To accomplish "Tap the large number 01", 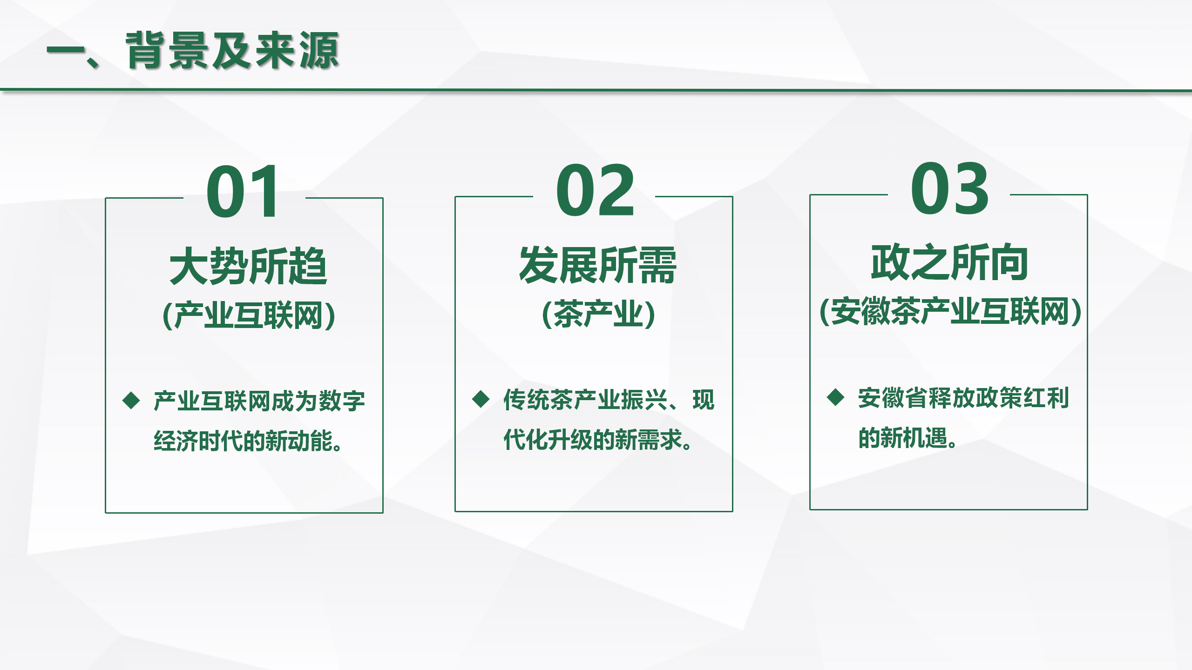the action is click(x=243, y=191).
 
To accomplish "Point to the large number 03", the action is click(x=950, y=188).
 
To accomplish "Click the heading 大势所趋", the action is click(x=249, y=266).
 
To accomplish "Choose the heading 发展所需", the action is click(x=598, y=265).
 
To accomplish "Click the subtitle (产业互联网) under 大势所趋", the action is click(x=249, y=315).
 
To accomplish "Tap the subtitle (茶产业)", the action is click(x=599, y=314).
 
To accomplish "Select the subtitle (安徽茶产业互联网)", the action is click(x=950, y=311).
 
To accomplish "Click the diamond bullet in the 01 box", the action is click(x=131, y=401).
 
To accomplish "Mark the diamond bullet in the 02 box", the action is click(x=481, y=399).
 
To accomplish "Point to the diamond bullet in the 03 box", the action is click(x=836, y=397).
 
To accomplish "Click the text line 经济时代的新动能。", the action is click(x=248, y=441).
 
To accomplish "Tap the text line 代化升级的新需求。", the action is click(x=598, y=439).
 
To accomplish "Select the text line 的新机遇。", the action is click(x=908, y=437).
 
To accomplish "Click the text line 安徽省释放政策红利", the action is click(x=963, y=398).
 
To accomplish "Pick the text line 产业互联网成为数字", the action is click(x=259, y=401).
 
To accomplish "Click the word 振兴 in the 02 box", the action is click(x=644, y=400).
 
